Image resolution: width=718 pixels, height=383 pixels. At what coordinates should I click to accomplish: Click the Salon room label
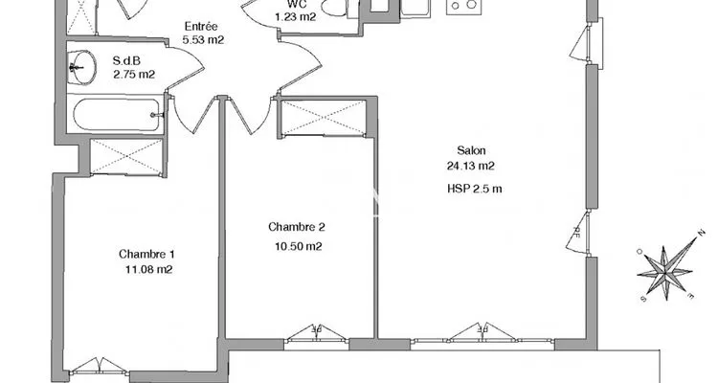pyautogui.click(x=471, y=150)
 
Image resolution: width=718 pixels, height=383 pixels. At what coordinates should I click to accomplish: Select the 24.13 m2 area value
pyautogui.click(x=471, y=166)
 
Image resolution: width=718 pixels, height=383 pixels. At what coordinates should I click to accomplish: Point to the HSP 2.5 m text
pyautogui.click(x=475, y=189)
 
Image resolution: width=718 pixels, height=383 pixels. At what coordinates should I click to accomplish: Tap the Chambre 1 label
pyautogui.click(x=146, y=254)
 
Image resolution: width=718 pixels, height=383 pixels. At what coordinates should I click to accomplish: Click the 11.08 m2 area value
pyautogui.click(x=148, y=269)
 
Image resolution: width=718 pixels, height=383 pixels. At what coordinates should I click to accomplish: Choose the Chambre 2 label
pyautogui.click(x=297, y=227)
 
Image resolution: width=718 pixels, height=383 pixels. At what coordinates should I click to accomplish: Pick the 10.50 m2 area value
pyautogui.click(x=298, y=246)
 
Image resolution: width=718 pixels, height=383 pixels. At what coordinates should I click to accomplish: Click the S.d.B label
pyautogui.click(x=126, y=60)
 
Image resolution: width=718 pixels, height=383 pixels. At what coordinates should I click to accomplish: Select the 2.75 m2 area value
pyautogui.click(x=134, y=75)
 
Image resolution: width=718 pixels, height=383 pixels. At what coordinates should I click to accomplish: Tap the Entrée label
pyautogui.click(x=201, y=26)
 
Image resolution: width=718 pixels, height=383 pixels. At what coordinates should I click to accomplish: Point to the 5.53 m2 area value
pyautogui.click(x=203, y=40)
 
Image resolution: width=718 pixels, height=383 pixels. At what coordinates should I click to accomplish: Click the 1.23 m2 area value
pyautogui.click(x=296, y=17)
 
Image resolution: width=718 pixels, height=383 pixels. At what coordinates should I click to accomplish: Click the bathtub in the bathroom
pyautogui.click(x=118, y=115)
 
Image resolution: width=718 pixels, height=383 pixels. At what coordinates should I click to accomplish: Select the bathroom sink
pyautogui.click(x=82, y=68)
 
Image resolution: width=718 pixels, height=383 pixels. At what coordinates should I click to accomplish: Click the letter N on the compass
pyautogui.click(x=700, y=234)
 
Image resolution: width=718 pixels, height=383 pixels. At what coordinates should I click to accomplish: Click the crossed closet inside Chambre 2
pyautogui.click(x=324, y=118)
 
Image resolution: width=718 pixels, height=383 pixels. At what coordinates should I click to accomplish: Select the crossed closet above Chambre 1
pyautogui.click(x=126, y=157)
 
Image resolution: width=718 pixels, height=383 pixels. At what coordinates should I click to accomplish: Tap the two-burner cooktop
pyautogui.click(x=462, y=6)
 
